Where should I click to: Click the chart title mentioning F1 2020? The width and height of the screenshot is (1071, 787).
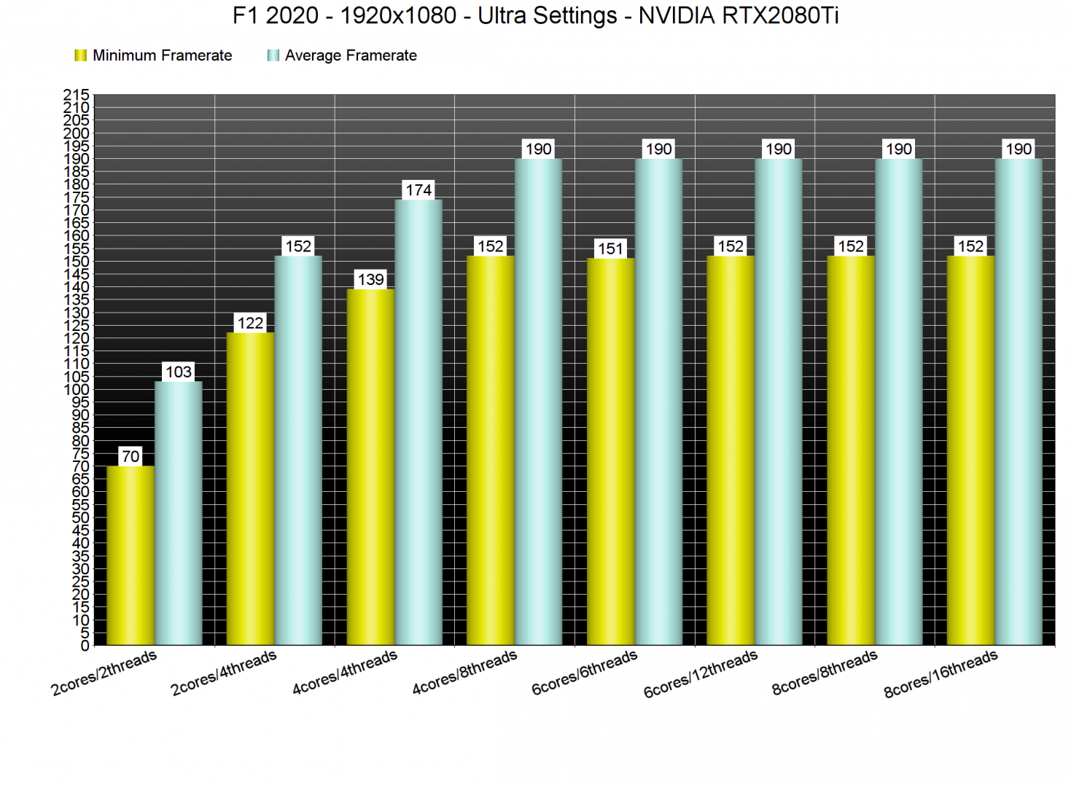click(535, 15)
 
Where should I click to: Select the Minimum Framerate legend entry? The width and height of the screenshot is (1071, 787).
click(154, 55)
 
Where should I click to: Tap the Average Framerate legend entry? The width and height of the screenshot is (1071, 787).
click(343, 55)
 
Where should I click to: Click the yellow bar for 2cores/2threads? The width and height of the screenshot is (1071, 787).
click(130, 555)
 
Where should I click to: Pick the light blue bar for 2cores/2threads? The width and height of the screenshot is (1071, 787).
click(178, 513)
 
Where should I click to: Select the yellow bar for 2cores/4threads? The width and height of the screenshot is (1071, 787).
click(250, 488)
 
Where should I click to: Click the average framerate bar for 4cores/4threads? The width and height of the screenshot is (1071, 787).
click(418, 422)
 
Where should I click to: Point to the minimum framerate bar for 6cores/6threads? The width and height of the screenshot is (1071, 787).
click(610, 451)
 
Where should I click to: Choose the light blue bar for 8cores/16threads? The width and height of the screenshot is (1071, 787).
click(1019, 402)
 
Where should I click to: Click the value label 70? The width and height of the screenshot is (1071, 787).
click(131, 457)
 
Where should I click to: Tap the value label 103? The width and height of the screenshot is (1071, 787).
click(179, 372)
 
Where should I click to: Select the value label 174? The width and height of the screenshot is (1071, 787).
click(418, 190)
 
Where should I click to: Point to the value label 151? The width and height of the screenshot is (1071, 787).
click(611, 249)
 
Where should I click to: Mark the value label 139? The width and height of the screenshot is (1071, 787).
click(370, 280)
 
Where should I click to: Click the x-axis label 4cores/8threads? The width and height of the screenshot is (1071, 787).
click(464, 672)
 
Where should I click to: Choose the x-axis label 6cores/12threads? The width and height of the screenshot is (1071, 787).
click(700, 674)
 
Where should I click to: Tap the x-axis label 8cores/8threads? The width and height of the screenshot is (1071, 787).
click(825, 672)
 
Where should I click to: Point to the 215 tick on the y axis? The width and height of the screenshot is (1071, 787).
click(77, 95)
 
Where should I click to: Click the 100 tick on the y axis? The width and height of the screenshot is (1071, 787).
click(77, 389)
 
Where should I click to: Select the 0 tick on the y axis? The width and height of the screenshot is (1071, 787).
click(85, 646)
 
